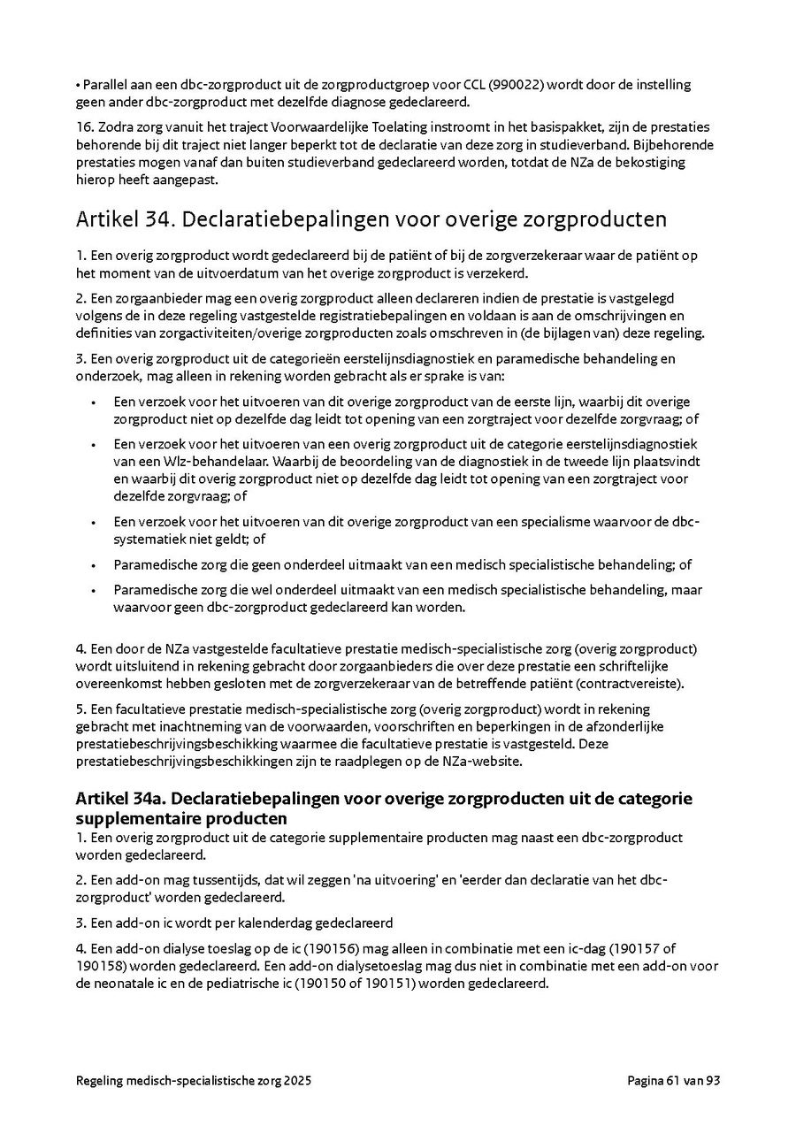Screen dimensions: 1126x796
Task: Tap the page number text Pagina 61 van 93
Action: (x=674, y=1080)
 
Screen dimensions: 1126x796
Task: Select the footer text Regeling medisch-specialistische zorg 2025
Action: (x=194, y=1080)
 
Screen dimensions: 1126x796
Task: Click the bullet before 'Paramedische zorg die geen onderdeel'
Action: (x=94, y=565)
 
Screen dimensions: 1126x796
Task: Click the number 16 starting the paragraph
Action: (x=84, y=127)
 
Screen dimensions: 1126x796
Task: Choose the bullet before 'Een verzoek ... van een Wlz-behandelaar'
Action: (x=94, y=443)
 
